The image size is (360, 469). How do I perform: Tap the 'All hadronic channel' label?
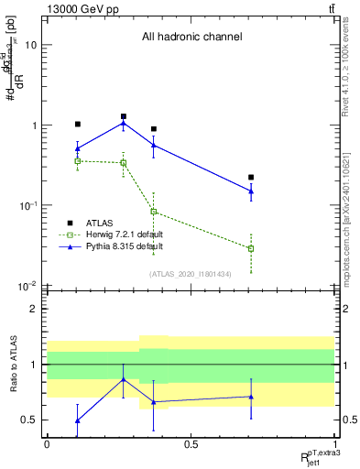click(x=191, y=37)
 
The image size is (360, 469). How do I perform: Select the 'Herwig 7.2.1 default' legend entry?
click(x=122, y=234)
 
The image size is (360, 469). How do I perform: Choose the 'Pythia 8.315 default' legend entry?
click(x=121, y=246)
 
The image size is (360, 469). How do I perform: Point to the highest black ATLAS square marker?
click(x=123, y=116)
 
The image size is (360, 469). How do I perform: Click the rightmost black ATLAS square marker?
click(x=251, y=177)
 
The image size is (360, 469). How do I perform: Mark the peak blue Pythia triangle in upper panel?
click(x=123, y=123)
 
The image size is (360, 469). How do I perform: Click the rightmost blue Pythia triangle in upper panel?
click(x=251, y=191)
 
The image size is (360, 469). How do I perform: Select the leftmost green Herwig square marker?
click(x=78, y=161)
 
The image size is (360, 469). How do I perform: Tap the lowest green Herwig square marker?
click(x=251, y=248)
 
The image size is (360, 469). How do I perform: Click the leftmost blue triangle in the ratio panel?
click(x=78, y=420)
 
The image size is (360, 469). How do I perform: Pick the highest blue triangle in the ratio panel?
click(x=123, y=379)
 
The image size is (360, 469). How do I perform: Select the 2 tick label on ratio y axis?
click(x=33, y=309)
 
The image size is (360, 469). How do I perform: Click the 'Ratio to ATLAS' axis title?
click(x=12, y=364)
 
